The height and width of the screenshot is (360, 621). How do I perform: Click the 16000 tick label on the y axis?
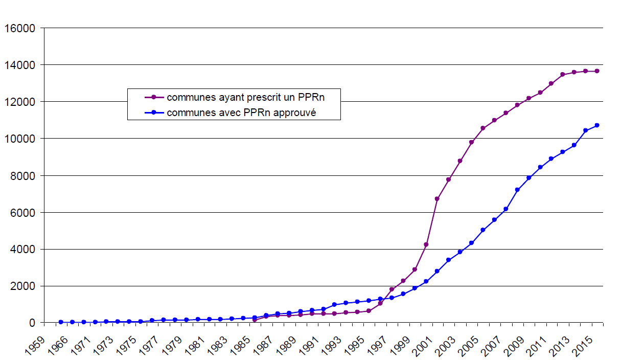[18, 29]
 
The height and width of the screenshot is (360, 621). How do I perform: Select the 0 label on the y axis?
[32, 323]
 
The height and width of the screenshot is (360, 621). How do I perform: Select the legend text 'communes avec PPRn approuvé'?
[241, 112]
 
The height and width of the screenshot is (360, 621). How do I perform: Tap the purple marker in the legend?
[153, 97]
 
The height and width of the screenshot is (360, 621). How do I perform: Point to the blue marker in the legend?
[153, 112]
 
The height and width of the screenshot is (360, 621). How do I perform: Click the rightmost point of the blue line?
[596, 125]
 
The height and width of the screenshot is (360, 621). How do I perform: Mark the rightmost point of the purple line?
[596, 71]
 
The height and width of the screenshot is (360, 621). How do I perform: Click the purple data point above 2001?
[437, 198]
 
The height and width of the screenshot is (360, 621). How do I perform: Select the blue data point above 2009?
[528, 178]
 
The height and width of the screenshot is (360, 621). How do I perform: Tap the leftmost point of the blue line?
[61, 322]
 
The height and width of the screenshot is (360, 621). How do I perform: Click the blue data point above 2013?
[574, 145]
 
